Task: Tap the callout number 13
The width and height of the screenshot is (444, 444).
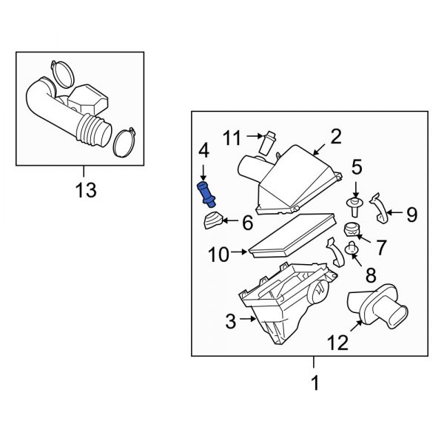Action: click(x=86, y=191)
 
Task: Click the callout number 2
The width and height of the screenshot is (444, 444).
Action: click(x=335, y=136)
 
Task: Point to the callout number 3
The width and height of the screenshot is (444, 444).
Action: click(x=230, y=320)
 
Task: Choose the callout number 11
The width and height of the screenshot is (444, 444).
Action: click(x=233, y=137)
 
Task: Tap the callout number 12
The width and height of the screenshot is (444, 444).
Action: click(x=337, y=343)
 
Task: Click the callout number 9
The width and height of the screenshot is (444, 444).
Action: click(x=411, y=215)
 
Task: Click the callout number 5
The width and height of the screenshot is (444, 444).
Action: click(x=356, y=167)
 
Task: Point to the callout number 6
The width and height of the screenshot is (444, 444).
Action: click(x=247, y=221)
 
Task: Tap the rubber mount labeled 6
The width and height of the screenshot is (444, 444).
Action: click(x=214, y=221)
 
